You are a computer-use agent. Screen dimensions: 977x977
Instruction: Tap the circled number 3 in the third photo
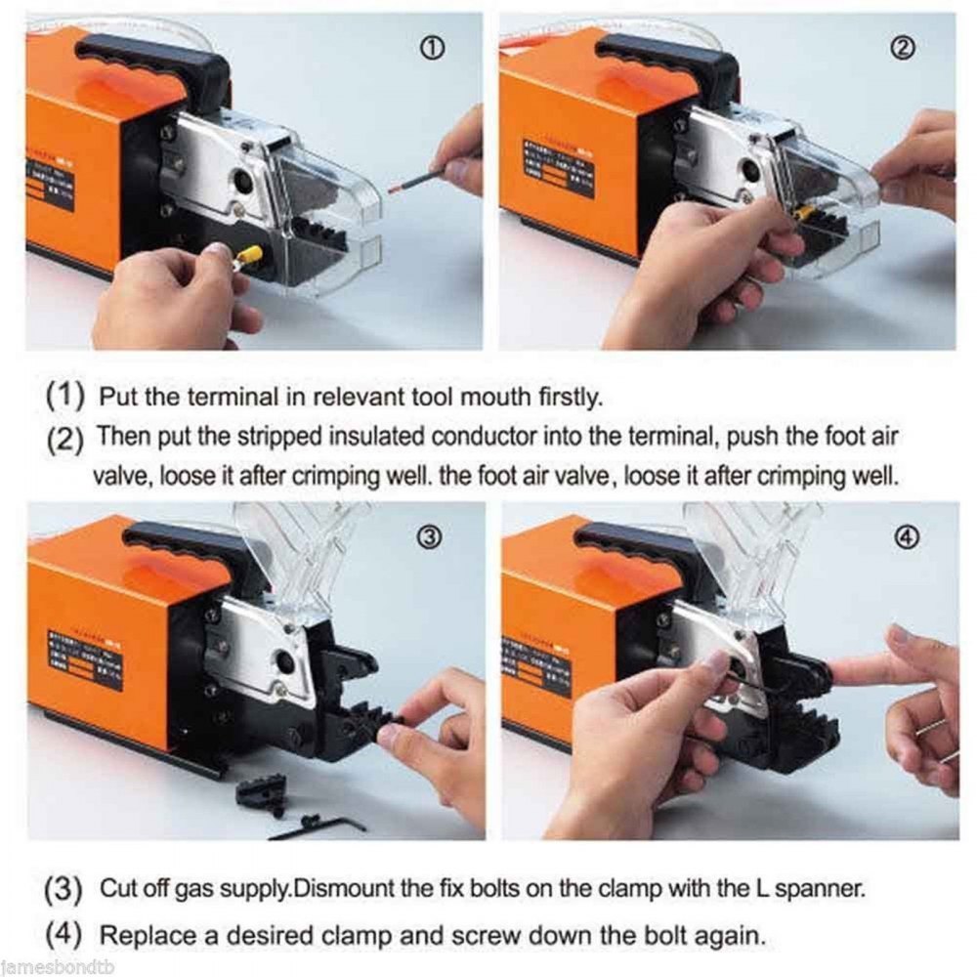pyautogui.click(x=431, y=535)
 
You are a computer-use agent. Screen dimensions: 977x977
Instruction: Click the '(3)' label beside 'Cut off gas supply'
pyautogui.click(x=64, y=891)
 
